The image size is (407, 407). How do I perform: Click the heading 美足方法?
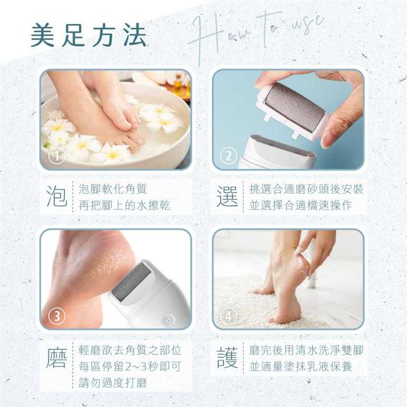89,35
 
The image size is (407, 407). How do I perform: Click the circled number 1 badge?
56,156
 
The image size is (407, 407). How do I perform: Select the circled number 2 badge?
228,156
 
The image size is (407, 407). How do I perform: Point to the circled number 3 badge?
56,316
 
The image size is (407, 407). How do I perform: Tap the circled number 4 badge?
228,316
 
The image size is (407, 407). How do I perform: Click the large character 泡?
57,197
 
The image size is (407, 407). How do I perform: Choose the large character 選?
227,197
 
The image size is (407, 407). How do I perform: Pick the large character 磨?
57,358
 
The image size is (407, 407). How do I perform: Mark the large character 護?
227,358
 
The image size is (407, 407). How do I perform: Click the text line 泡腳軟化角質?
113,189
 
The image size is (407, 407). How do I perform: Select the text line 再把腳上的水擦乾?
124,205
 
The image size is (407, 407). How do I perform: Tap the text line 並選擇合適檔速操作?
301,205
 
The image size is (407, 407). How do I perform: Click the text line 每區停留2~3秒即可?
130,366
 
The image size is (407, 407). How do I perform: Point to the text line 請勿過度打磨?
113,383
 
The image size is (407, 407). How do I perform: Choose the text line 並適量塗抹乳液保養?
301,366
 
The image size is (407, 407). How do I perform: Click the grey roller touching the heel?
131,282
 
